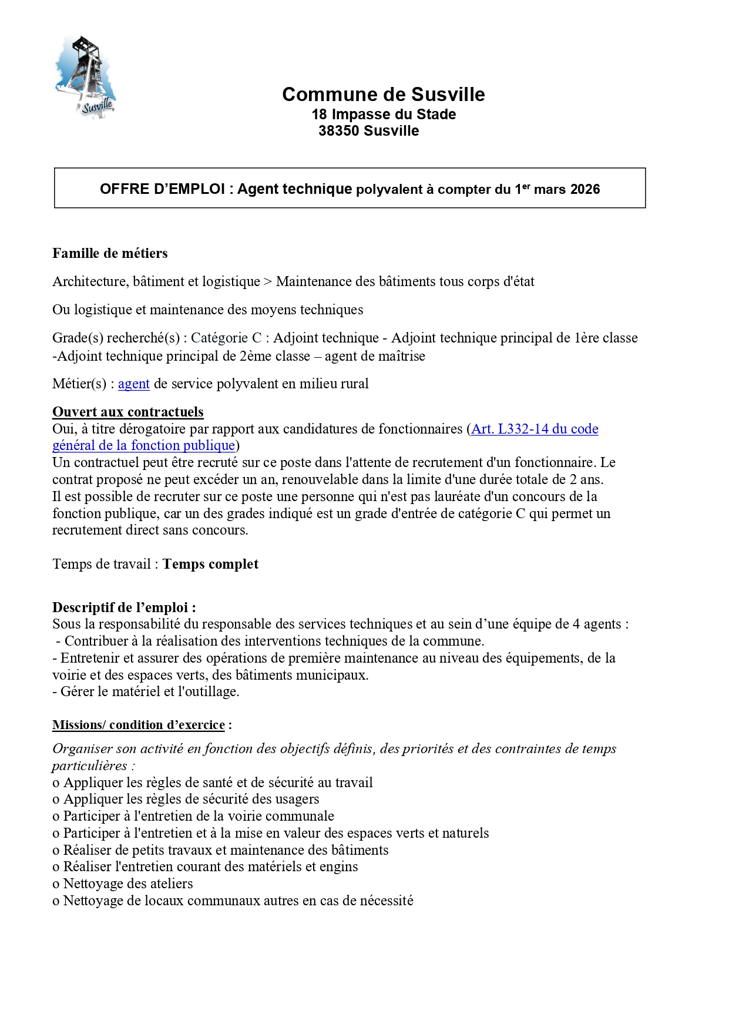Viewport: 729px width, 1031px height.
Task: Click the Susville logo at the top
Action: pos(86,77)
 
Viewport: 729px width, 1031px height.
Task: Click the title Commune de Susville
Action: pos(383,95)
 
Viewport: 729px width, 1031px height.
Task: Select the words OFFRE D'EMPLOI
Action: pos(163,189)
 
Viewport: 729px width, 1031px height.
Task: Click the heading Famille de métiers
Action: pos(110,253)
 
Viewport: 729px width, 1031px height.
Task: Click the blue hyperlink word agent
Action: pos(134,384)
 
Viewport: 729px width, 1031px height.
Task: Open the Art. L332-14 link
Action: pos(535,429)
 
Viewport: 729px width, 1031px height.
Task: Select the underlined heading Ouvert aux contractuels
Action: pos(128,412)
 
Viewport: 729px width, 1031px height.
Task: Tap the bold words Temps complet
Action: pos(210,564)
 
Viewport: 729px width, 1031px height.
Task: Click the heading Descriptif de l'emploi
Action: pos(124,607)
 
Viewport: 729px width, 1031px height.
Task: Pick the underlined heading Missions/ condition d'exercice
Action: pos(139,725)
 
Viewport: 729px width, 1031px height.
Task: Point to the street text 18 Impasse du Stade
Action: pos(383,115)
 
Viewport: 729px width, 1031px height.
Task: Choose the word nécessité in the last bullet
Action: pos(384,901)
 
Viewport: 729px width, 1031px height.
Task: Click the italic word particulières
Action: pos(89,765)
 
